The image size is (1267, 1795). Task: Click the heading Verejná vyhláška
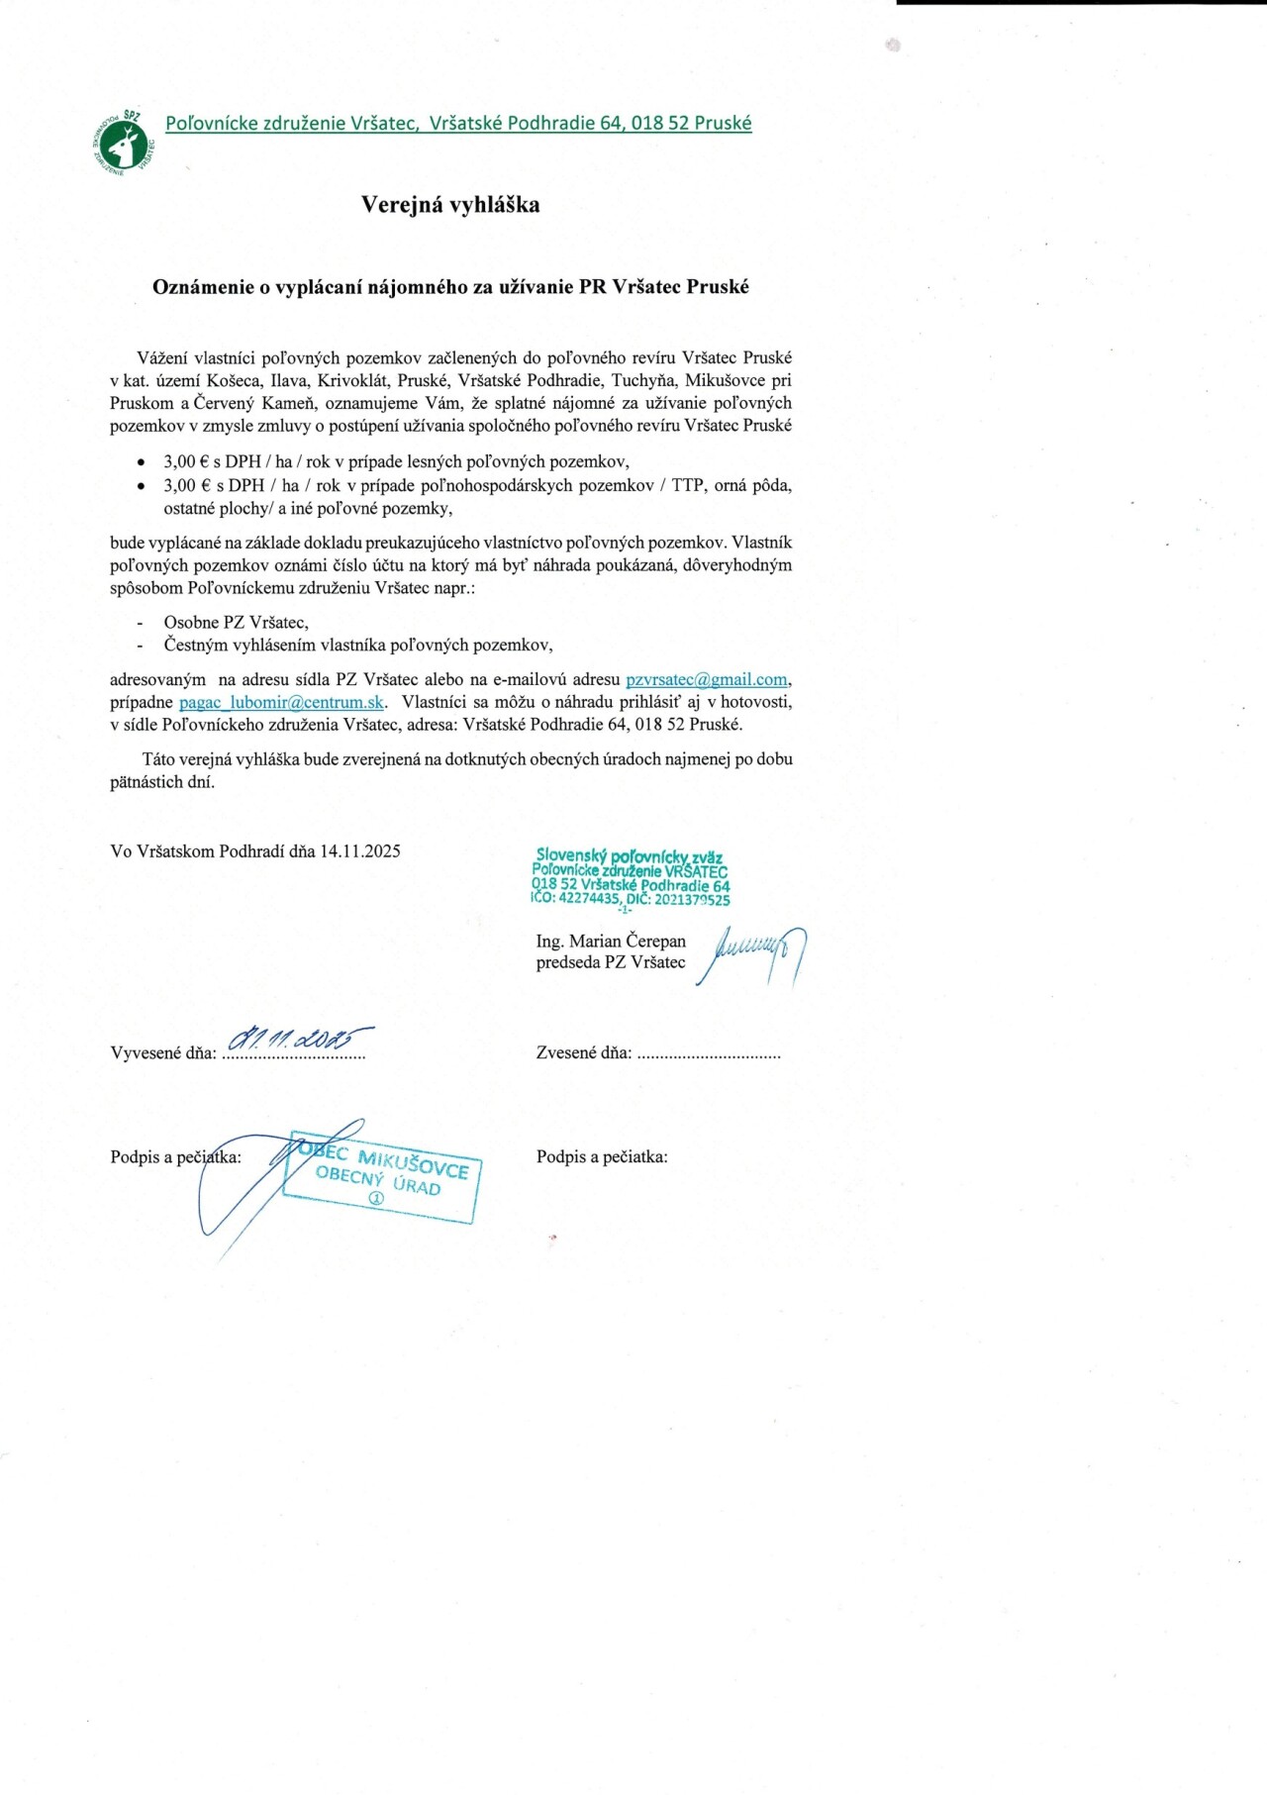[x=450, y=205]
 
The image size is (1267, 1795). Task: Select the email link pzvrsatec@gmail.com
[x=707, y=680]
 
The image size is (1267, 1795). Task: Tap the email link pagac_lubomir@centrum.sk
[x=281, y=703]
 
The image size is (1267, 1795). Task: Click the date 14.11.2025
[x=359, y=851]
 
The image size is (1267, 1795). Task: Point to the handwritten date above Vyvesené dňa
[x=300, y=1039]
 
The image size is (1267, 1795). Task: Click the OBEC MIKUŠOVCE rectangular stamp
[x=382, y=1176]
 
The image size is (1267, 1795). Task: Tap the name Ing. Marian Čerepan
[x=611, y=942]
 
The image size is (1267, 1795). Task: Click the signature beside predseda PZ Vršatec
[x=751, y=954]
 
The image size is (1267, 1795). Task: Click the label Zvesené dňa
[x=584, y=1053]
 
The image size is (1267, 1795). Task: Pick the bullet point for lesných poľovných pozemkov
[x=142, y=462]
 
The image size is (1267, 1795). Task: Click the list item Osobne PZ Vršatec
[x=236, y=623]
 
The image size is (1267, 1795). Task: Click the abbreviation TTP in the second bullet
[x=688, y=486]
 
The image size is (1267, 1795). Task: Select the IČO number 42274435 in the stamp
[x=589, y=899]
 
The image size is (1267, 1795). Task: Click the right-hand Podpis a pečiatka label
[x=602, y=1157]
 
